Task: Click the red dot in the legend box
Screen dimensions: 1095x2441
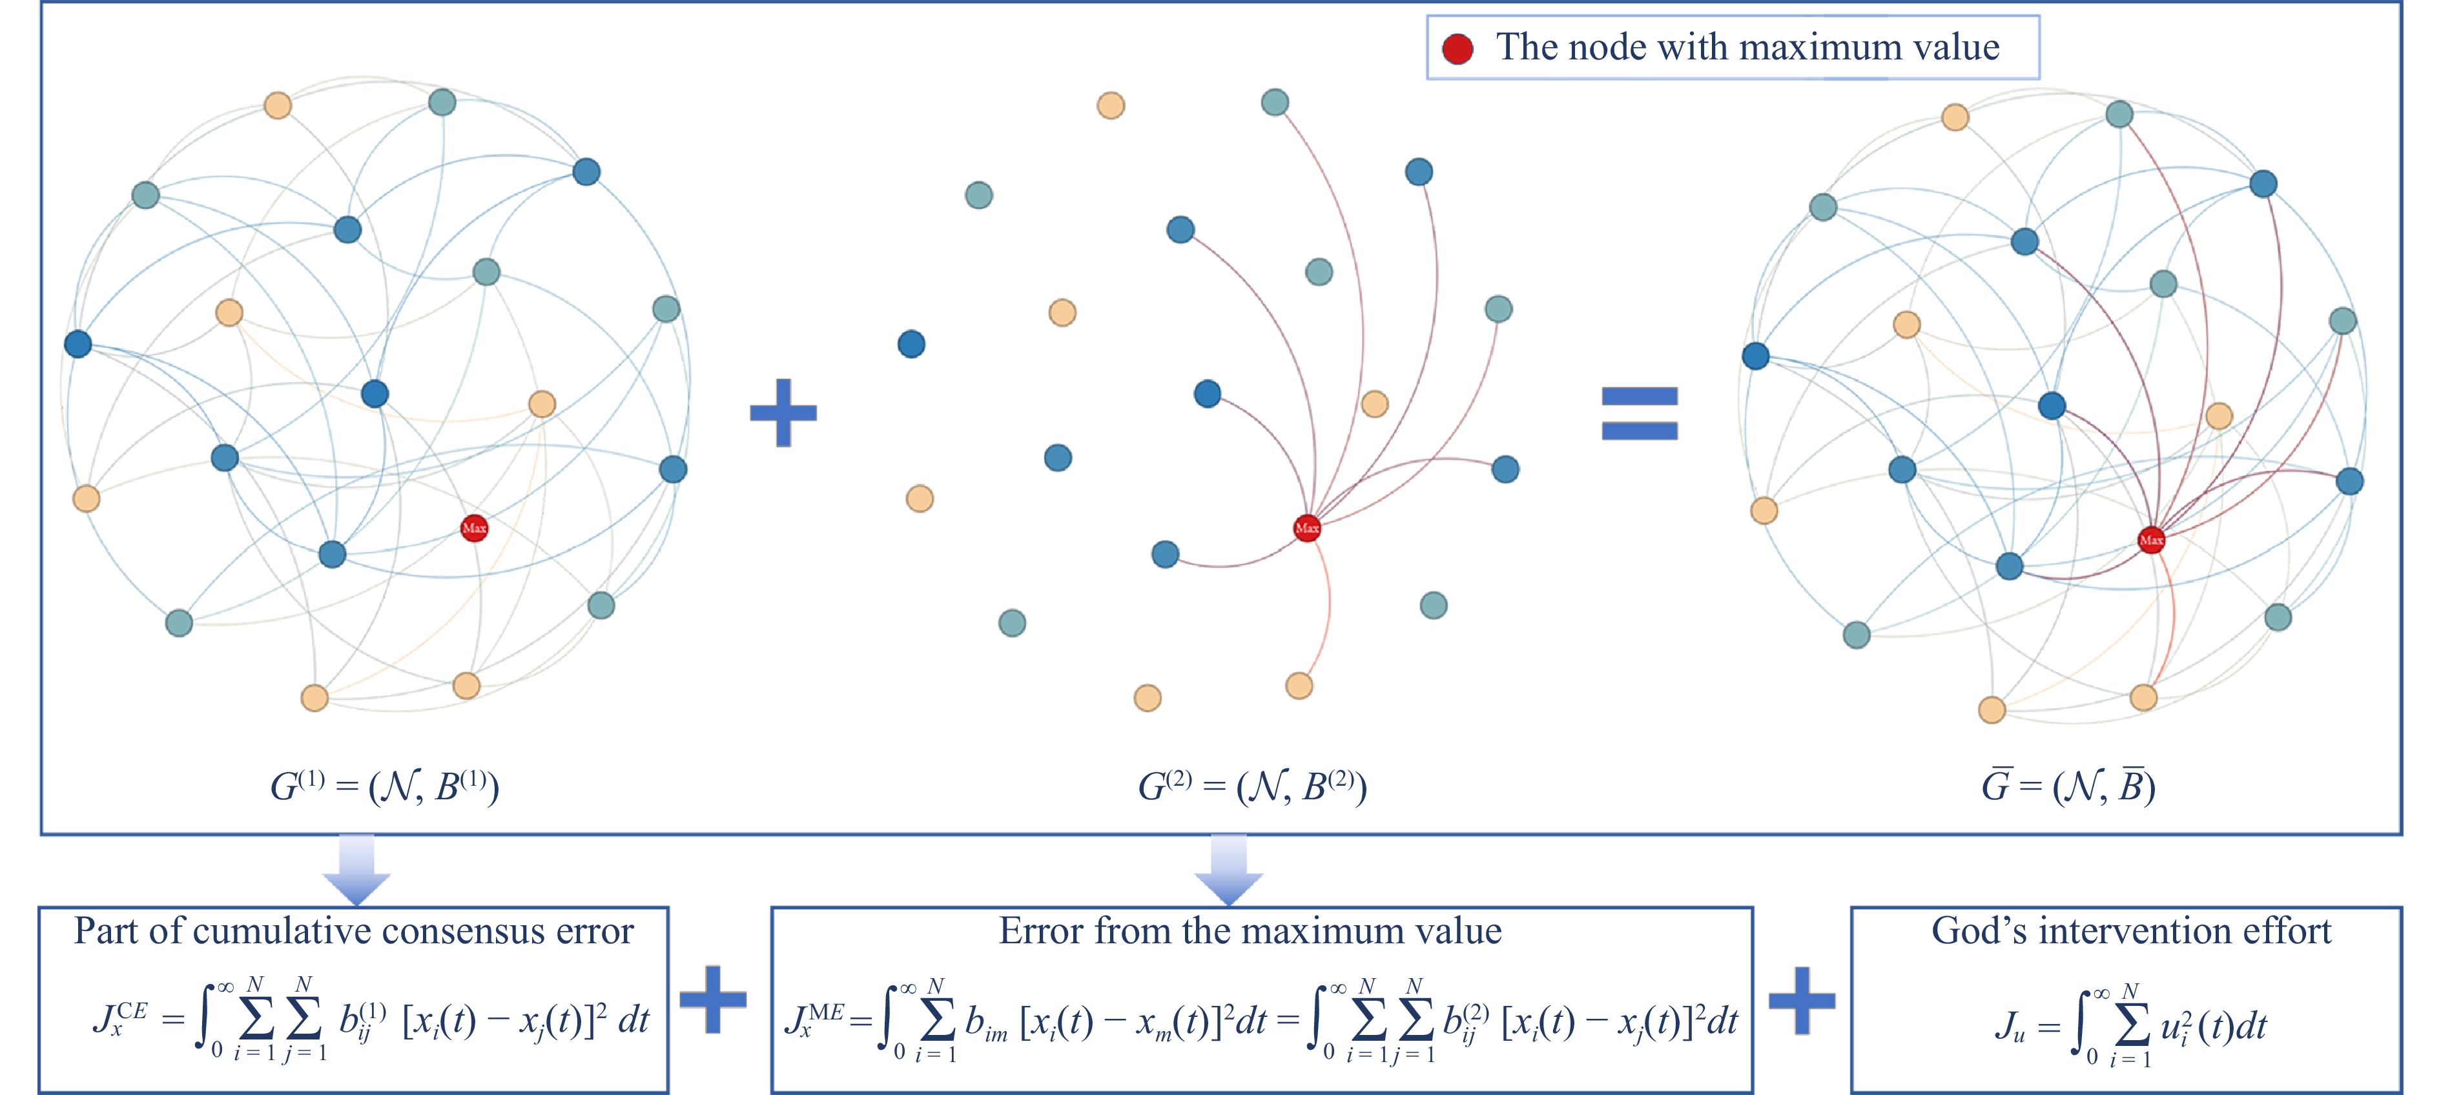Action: (1457, 48)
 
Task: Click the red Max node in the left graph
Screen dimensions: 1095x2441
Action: (474, 527)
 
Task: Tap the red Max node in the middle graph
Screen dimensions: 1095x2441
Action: (1307, 527)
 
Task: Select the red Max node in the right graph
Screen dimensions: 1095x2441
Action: (2151, 540)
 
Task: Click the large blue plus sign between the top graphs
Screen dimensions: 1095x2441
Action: (783, 412)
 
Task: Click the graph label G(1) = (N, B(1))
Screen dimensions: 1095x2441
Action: (384, 786)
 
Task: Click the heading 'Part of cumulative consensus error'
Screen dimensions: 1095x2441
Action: (353, 931)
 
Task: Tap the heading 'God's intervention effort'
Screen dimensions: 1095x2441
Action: (2131, 931)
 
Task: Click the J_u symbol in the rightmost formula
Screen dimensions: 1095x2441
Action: (2009, 1027)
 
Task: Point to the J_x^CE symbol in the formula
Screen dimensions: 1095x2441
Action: (118, 1019)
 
